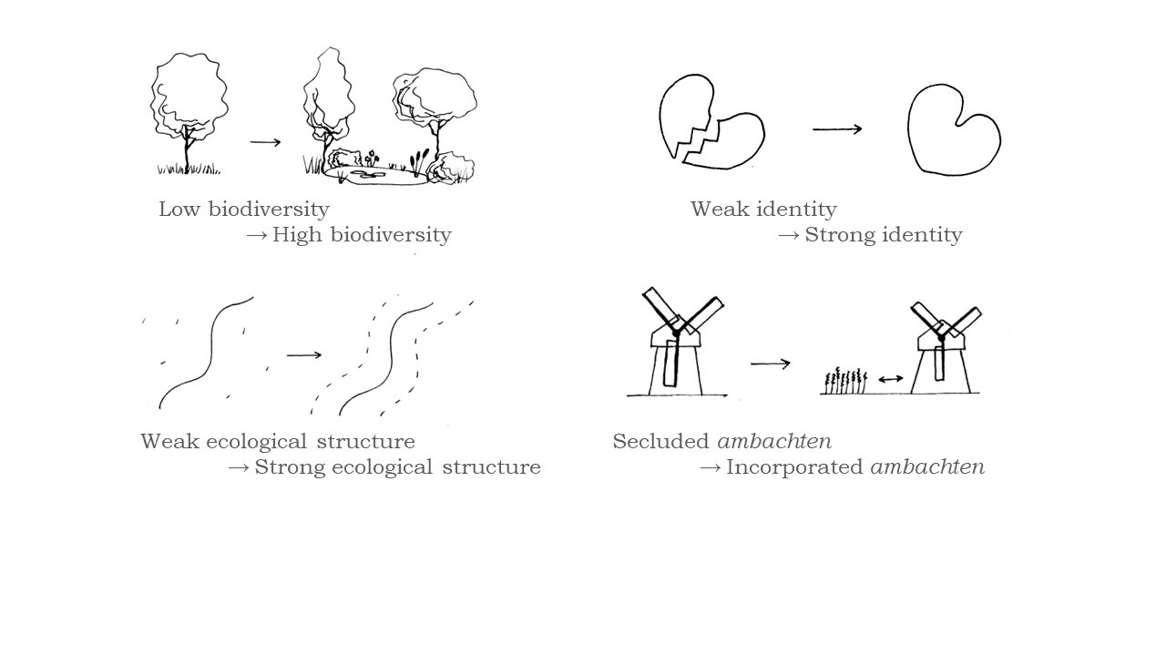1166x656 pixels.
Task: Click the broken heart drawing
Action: pyautogui.click(x=711, y=124)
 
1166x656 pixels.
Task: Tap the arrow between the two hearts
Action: pyautogui.click(x=837, y=129)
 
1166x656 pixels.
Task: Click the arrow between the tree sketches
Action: pyautogui.click(x=265, y=142)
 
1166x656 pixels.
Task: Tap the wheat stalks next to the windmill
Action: pyautogui.click(x=846, y=381)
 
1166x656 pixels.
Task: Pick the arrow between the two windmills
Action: pyautogui.click(x=771, y=364)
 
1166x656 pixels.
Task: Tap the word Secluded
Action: pyautogui.click(x=661, y=442)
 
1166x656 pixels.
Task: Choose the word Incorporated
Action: pyautogui.click(x=794, y=467)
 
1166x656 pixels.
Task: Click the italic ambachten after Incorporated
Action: pyautogui.click(x=927, y=467)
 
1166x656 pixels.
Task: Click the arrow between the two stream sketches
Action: pyautogui.click(x=304, y=354)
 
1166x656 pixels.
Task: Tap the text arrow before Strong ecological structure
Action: pyautogui.click(x=239, y=467)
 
